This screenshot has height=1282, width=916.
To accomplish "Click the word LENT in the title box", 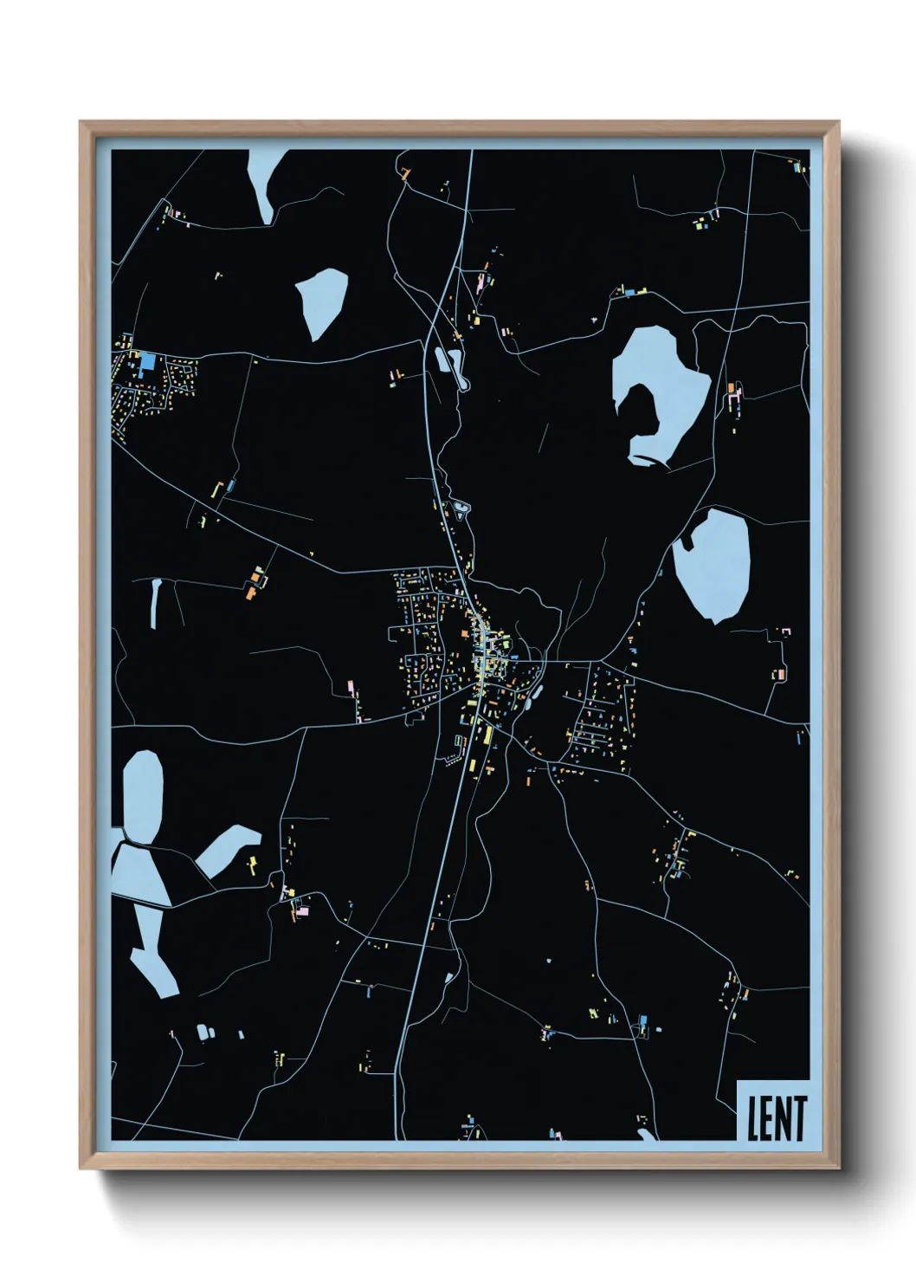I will pos(777,1117).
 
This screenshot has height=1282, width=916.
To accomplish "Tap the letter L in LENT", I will pos(752,1117).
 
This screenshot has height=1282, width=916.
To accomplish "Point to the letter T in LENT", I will pos(799,1117).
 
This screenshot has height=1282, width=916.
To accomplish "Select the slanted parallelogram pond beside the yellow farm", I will pos(227,849).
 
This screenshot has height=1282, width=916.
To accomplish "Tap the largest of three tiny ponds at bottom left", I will pos(203,1032).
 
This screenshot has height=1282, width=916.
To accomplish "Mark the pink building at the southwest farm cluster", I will pos(300,910).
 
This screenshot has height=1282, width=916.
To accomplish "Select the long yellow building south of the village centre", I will pos(487,736).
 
